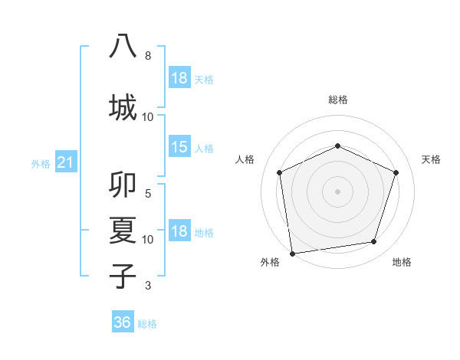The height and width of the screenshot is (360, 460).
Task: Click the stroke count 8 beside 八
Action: [148, 56]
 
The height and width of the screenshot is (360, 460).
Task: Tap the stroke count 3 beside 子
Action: [148, 286]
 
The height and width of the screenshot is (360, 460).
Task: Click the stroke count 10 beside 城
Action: [148, 116]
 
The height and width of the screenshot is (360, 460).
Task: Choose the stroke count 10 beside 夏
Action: [148, 239]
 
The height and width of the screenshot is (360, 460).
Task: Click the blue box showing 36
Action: [122, 322]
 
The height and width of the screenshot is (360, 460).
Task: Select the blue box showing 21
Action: [65, 162]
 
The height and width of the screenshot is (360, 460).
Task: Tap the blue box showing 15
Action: [179, 147]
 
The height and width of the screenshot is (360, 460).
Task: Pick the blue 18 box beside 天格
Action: [179, 77]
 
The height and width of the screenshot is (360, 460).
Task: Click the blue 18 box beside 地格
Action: [179, 231]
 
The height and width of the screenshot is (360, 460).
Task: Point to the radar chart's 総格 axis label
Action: [337, 100]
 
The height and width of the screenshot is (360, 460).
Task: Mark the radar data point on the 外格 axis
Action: [292, 252]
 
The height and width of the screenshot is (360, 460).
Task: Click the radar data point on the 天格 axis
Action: [396, 172]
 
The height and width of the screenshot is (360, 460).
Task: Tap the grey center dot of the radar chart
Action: [337, 191]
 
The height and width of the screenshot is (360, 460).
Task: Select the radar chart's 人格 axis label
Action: [245, 159]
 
